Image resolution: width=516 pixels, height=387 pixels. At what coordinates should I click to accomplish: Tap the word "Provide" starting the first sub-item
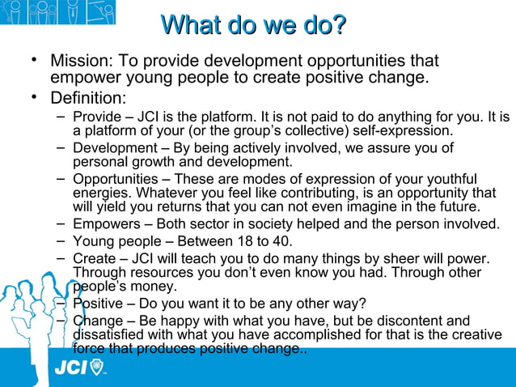98,117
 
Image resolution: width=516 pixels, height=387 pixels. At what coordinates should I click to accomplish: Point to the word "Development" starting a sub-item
114,148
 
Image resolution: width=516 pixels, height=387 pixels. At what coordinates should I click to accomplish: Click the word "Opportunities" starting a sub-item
115,179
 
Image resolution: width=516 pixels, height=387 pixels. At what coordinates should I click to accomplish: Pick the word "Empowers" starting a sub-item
104,224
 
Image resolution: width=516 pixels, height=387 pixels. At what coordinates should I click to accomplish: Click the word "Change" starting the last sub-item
96,321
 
